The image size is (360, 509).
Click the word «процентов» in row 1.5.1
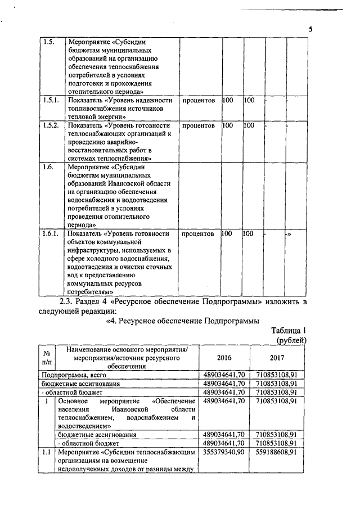(x=199, y=100)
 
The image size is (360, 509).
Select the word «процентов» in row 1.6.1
(x=199, y=233)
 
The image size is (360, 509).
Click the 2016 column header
(x=223, y=358)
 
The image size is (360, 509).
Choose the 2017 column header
(x=277, y=358)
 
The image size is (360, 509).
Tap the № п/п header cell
(x=47, y=358)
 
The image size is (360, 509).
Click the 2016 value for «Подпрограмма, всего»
(x=223, y=374)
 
